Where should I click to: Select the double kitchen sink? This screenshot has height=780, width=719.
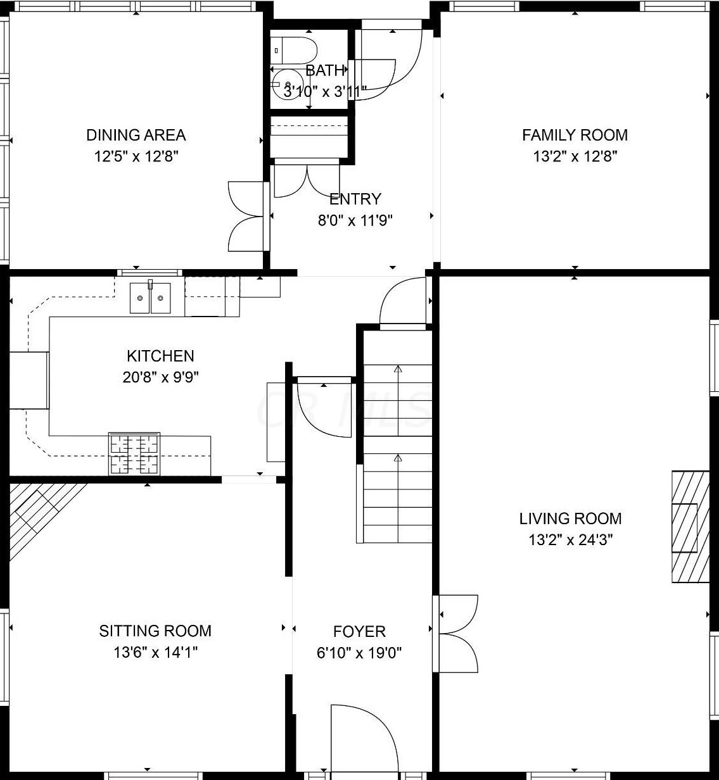(x=150, y=298)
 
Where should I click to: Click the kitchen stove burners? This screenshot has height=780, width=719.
(x=134, y=453)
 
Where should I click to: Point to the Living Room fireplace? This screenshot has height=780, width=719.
(x=690, y=527)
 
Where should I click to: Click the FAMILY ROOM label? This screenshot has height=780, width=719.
(x=575, y=135)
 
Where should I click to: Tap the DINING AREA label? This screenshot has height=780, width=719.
(x=136, y=135)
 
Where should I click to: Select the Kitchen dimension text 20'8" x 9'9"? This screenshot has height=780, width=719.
(x=161, y=377)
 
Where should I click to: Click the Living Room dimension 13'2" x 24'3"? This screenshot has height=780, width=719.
(x=571, y=540)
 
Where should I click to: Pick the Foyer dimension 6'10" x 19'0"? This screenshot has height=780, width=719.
(x=359, y=653)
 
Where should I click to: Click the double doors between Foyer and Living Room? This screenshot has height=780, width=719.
(x=455, y=634)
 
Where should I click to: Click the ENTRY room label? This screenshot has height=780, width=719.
(x=355, y=199)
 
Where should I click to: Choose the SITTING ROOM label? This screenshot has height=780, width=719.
(x=155, y=631)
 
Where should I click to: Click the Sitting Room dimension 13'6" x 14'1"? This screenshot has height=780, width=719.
(x=156, y=653)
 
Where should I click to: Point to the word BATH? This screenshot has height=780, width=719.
(x=325, y=71)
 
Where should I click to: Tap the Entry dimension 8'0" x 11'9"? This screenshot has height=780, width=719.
(x=355, y=221)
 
